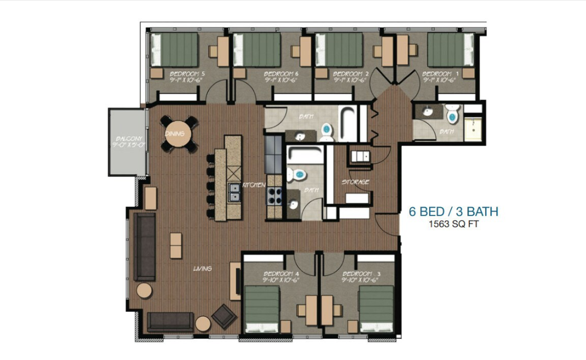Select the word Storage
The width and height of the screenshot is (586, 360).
[356, 182]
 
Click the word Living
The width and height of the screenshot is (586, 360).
[202, 269]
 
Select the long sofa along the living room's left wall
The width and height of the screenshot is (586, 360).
[144, 246]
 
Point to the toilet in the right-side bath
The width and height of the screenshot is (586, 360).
[452, 115]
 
